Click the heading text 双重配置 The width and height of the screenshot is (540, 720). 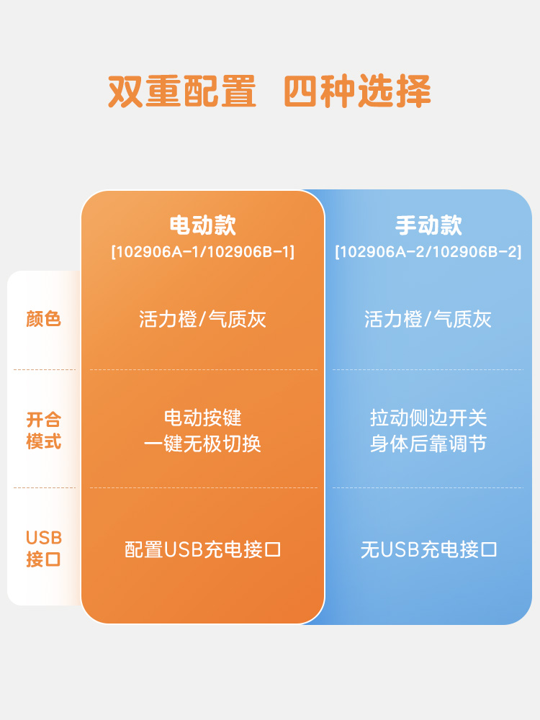(182, 92)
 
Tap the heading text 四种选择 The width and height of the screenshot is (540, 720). (357, 92)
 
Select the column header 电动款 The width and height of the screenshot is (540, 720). (202, 225)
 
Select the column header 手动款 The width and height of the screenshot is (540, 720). (428, 225)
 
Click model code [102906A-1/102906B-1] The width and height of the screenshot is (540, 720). (202, 252)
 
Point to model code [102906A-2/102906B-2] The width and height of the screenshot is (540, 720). (428, 252)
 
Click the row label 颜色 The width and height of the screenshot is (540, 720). (44, 319)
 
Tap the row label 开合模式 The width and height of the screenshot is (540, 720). (44, 430)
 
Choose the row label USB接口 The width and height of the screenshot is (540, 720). (44, 548)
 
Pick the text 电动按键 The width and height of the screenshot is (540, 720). (202, 418)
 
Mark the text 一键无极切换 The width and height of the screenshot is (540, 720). (202, 444)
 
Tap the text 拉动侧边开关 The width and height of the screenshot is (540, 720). (428, 418)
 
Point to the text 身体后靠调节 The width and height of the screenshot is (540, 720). (428, 444)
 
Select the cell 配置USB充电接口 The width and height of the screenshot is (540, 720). (202, 550)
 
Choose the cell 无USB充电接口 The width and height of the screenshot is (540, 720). (428, 550)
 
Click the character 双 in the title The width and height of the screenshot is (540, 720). (126, 92)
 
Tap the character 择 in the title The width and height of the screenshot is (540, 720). (413, 92)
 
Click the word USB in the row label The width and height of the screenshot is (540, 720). (44, 538)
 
